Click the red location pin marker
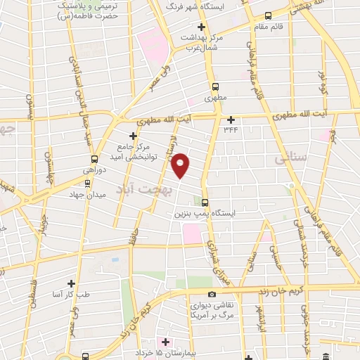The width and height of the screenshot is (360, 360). [181, 164]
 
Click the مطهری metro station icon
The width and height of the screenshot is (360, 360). [215, 86]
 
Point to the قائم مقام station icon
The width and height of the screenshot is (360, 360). [267, 15]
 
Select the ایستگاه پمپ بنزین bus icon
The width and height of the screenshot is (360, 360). [205, 200]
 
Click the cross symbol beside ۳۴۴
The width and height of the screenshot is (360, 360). [231, 119]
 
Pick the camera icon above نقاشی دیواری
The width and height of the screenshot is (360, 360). [212, 294]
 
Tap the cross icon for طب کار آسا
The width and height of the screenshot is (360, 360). [71, 283]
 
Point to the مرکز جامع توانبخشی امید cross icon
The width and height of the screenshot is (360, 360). [133, 136]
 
